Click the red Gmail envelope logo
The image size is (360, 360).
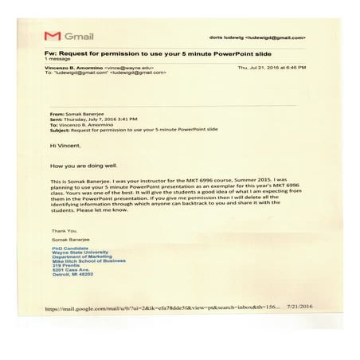52,37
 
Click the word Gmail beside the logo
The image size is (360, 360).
79,37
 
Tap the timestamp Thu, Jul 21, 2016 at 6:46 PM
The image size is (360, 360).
272,68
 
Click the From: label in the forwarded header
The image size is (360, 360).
57,115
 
